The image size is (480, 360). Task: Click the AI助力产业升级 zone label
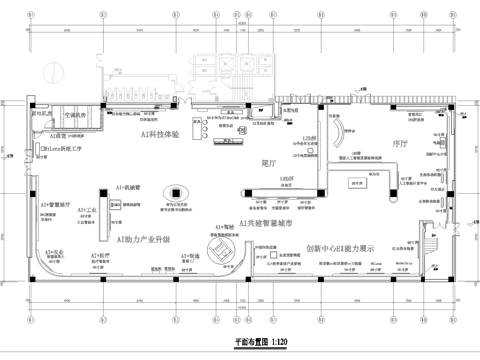pos(144,240)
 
